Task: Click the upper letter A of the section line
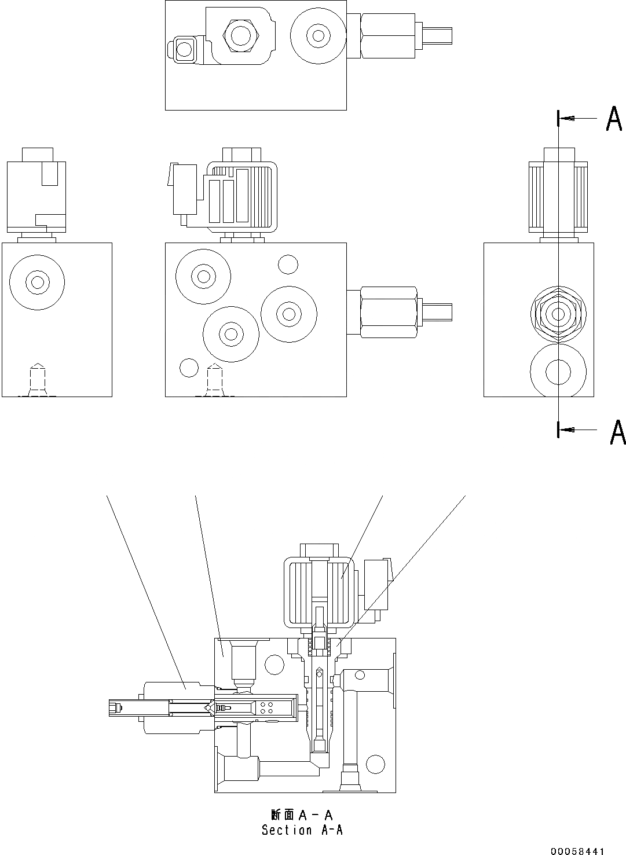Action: pos(614,119)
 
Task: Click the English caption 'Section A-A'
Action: pos(302,830)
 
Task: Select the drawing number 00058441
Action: pos(577,851)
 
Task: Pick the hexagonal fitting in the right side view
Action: pos(558,314)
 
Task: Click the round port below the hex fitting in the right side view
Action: pos(558,370)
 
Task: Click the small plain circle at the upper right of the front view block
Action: pos(287,265)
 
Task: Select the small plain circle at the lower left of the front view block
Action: pos(189,367)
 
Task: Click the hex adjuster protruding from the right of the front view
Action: pos(389,311)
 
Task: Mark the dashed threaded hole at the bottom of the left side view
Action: pos(37,380)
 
